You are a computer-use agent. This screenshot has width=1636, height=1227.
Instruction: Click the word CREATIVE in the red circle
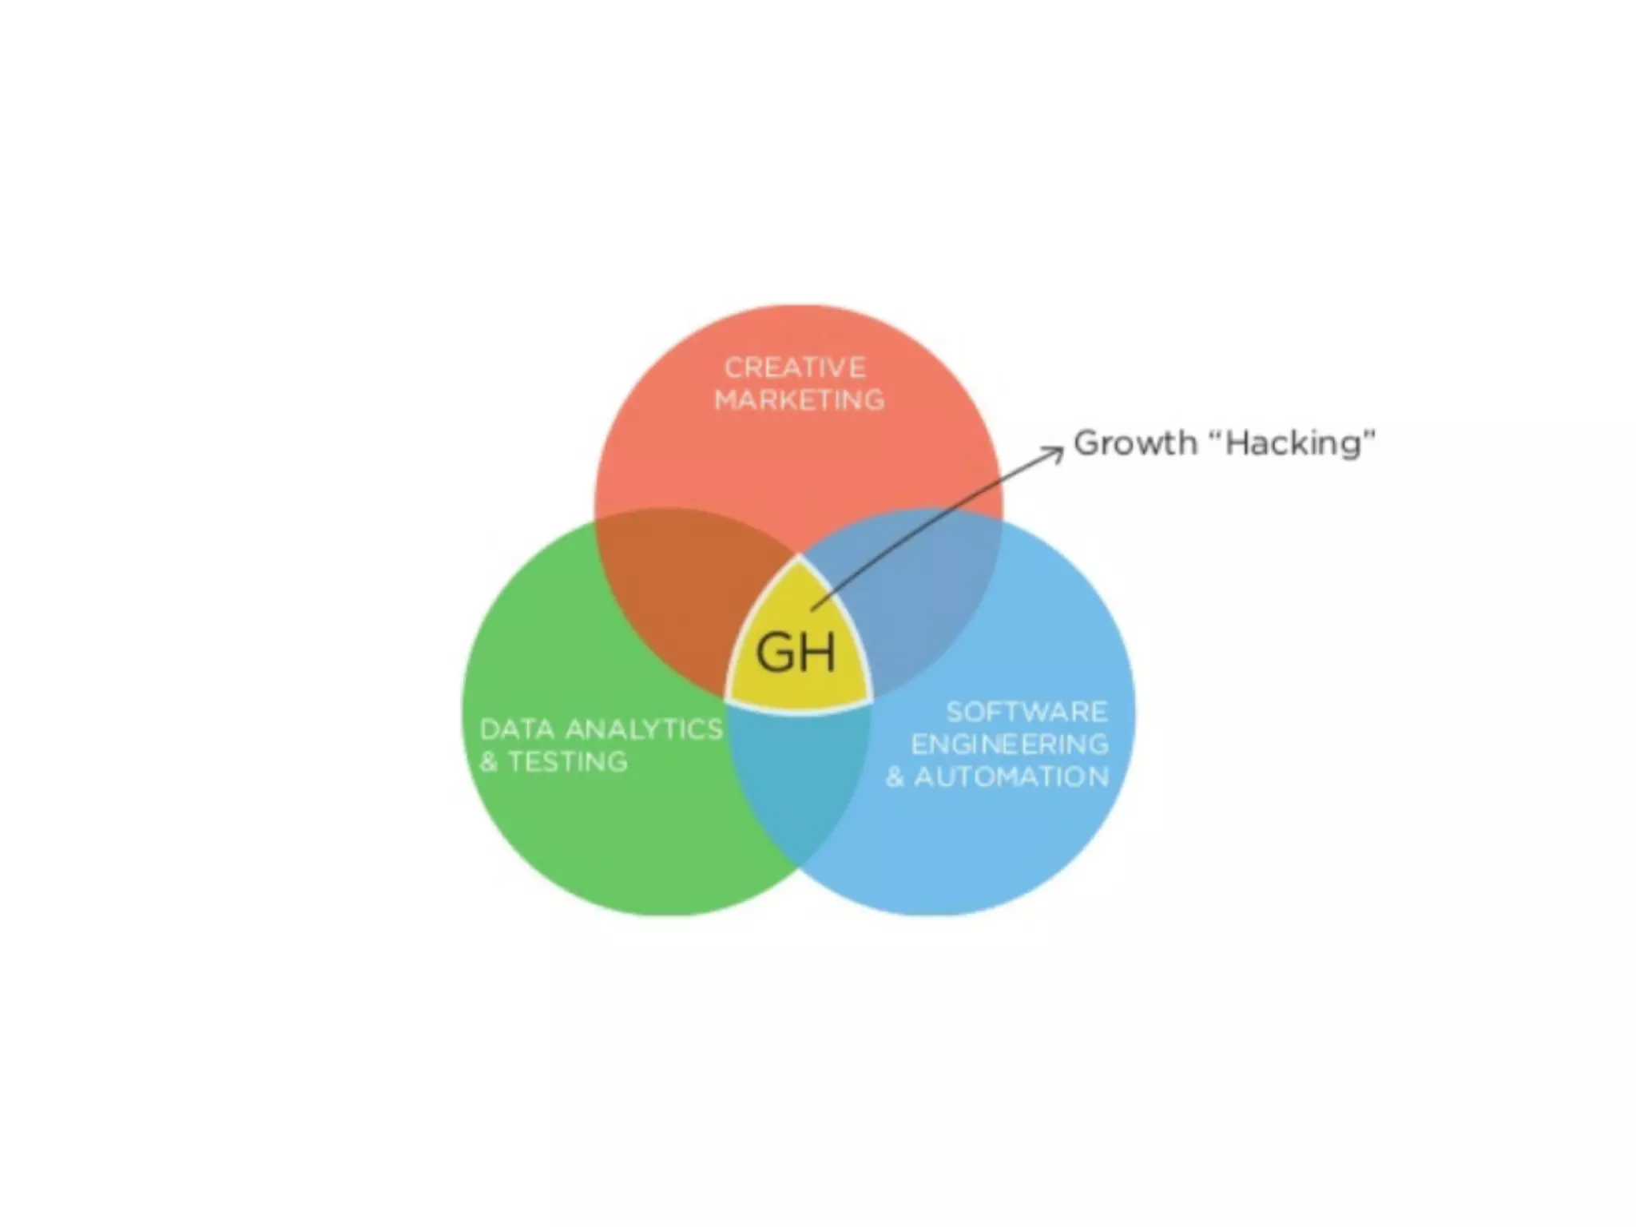point(795,367)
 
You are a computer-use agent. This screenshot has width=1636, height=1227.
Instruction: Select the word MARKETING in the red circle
point(800,399)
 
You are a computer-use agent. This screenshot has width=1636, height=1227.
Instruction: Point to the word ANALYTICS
point(644,729)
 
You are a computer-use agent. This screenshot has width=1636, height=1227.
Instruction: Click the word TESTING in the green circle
point(568,762)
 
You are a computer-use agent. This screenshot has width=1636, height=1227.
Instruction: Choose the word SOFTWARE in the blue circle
point(1026,712)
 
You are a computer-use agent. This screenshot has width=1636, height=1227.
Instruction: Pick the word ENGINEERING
point(1010,745)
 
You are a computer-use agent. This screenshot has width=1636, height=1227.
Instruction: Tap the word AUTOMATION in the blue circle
point(1011,777)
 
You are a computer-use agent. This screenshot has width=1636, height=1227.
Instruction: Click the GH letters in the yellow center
point(796,652)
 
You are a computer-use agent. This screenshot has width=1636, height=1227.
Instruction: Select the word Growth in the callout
point(1135,443)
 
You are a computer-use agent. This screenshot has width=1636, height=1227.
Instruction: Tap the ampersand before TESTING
point(488,762)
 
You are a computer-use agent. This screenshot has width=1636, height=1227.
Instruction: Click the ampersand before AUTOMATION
point(895,777)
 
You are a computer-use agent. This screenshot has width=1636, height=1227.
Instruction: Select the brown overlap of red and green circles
point(679,591)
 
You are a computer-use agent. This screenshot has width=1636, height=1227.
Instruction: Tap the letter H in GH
point(817,652)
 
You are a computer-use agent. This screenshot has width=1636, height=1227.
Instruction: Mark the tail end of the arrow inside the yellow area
point(813,609)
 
